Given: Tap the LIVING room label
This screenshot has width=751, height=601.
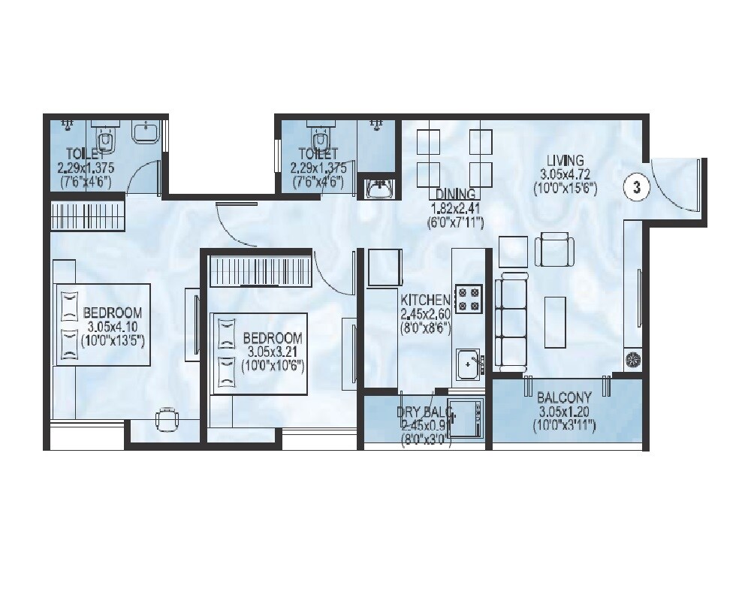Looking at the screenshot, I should click(565, 160).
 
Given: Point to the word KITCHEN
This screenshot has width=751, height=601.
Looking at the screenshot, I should click(425, 299).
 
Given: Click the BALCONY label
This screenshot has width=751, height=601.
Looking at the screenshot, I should click(565, 397).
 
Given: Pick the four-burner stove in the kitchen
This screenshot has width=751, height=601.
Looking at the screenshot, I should click(470, 298).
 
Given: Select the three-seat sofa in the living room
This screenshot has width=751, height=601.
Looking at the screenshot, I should click(511, 321).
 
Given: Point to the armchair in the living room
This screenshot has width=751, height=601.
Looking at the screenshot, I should click(554, 249).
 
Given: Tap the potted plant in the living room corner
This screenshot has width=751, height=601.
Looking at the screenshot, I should click(633, 360).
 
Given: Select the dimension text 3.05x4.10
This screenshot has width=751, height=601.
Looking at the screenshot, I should click(113, 326).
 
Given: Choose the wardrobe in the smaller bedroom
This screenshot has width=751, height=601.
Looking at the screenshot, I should click(260, 270).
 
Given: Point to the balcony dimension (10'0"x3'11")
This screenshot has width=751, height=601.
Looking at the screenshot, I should click(566, 426).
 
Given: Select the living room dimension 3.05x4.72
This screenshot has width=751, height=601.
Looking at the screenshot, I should click(565, 174).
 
